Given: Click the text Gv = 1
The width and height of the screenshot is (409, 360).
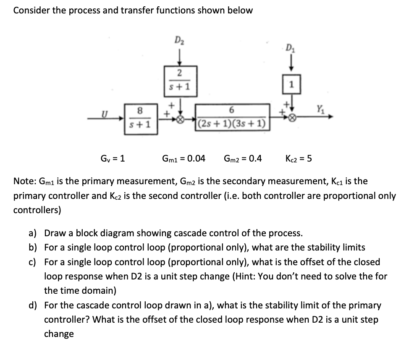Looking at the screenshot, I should pyautogui.click(x=113, y=159).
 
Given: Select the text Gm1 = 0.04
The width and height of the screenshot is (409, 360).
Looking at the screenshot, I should pyautogui.click(x=184, y=159).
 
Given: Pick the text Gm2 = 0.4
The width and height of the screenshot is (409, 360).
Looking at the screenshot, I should pyautogui.click(x=243, y=159).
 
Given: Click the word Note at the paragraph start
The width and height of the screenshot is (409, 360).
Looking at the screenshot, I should pyautogui.click(x=24, y=181).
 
